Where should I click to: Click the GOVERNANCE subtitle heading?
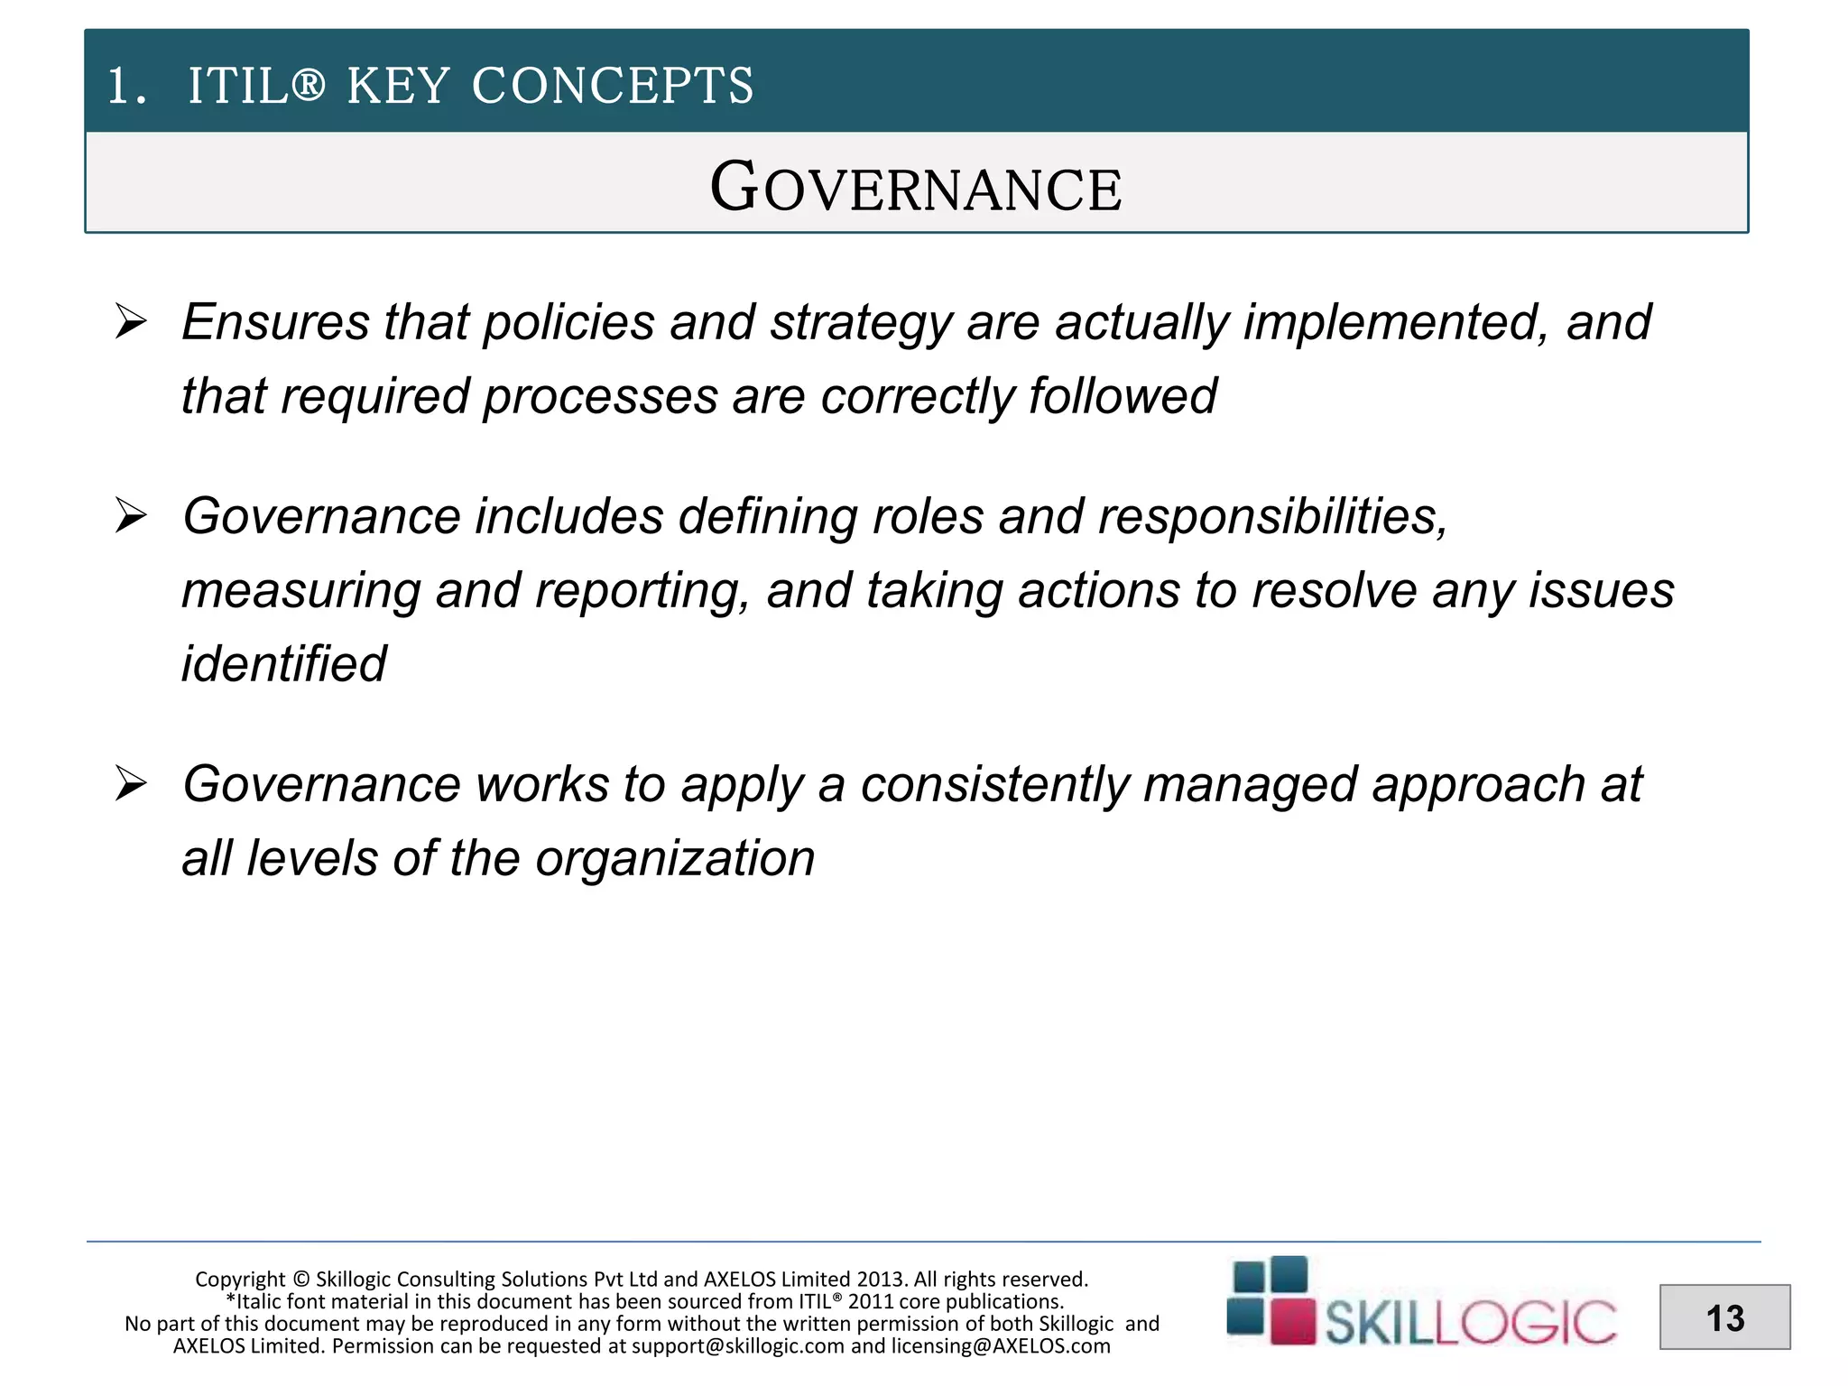[x=916, y=187]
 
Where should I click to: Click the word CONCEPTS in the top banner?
[x=612, y=87]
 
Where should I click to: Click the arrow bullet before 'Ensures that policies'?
[x=132, y=321]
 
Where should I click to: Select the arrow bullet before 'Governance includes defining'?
[x=132, y=515]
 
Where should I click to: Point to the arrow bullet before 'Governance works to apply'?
[x=132, y=783]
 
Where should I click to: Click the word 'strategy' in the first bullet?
[x=860, y=323]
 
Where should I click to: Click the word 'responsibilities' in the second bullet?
[x=1272, y=516]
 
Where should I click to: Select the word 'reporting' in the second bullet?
[x=642, y=591]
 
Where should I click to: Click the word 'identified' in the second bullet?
[x=283, y=664]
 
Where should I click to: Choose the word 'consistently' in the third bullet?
[x=994, y=784]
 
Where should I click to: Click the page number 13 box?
[x=1724, y=1317]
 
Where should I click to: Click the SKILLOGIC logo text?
[x=1470, y=1324]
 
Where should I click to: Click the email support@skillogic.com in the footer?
[x=738, y=1346]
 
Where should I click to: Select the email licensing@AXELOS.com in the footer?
[x=1001, y=1346]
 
